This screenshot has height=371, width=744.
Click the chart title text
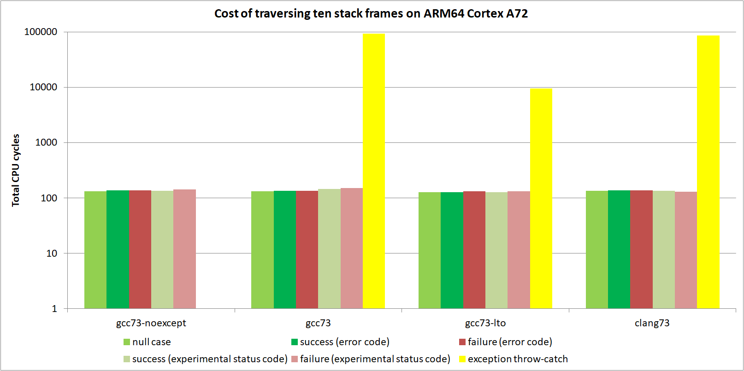[x=371, y=13]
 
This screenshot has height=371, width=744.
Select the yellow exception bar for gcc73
[x=374, y=171]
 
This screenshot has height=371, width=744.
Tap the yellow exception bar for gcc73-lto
[x=541, y=198]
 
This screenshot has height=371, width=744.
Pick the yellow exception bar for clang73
[x=708, y=171]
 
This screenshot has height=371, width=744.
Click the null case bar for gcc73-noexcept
[x=95, y=249]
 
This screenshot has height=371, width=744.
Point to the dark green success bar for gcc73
[x=285, y=249]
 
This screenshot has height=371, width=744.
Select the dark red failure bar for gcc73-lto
[x=474, y=249]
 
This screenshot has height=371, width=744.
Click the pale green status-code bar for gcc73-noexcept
[x=162, y=249]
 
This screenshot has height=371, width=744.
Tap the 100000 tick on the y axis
[x=41, y=32]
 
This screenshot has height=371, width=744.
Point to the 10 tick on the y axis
[x=52, y=253]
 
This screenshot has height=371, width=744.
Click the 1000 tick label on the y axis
[x=46, y=142]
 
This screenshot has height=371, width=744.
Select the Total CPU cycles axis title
[x=16, y=170]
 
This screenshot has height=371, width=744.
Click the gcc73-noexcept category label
[x=151, y=323]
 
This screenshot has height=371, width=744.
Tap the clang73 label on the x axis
[x=652, y=323]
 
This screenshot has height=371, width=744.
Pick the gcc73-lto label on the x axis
[x=485, y=323]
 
